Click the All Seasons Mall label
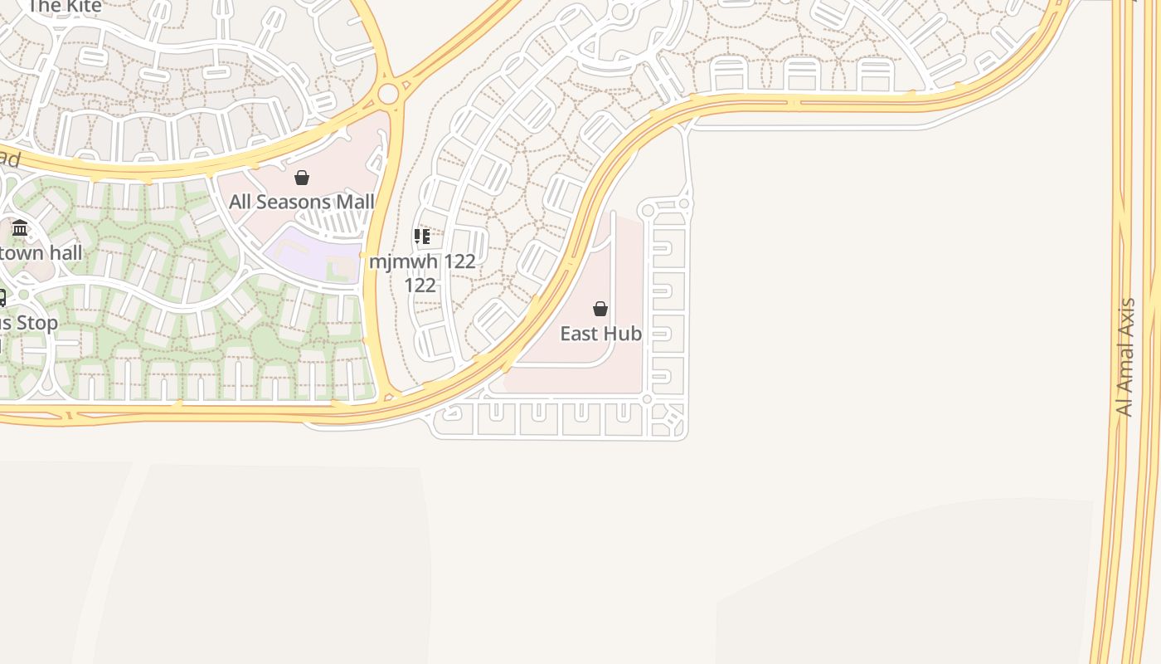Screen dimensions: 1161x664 (302, 202)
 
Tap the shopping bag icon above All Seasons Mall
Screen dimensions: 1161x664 (302, 178)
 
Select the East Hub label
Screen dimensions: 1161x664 (600, 334)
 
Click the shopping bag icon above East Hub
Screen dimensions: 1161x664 (600, 310)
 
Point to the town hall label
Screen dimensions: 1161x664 (41, 252)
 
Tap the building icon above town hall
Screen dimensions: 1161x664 (20, 228)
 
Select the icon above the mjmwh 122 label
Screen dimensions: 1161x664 (422, 237)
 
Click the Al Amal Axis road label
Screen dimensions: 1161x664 (1125, 357)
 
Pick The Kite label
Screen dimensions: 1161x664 (65, 7)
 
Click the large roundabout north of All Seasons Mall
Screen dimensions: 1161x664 (388, 94)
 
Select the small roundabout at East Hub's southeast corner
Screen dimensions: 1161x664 (647, 399)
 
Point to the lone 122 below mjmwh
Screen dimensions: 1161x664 (420, 286)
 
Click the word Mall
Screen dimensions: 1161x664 (354, 202)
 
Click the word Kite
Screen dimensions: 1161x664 (80, 7)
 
